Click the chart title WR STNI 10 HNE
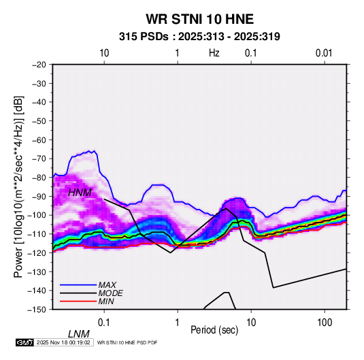[199, 19]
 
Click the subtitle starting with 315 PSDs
[199, 37]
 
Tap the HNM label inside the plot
[80, 193]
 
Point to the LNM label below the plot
[79, 334]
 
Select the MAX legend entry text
[107, 284]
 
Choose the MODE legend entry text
[110, 293]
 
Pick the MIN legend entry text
[106, 301]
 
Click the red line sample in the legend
[78, 301]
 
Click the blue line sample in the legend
[78, 284]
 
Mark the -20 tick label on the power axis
[39, 65]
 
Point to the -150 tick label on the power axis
[37, 310]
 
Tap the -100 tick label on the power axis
[37, 215]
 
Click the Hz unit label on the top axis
[214, 53]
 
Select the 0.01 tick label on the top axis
[324, 53]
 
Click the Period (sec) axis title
[214, 330]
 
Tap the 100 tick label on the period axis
[325, 323]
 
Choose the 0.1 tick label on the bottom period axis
[104, 323]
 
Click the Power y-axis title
[18, 186]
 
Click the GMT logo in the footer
[24, 342]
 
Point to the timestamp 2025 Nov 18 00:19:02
[63, 342]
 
